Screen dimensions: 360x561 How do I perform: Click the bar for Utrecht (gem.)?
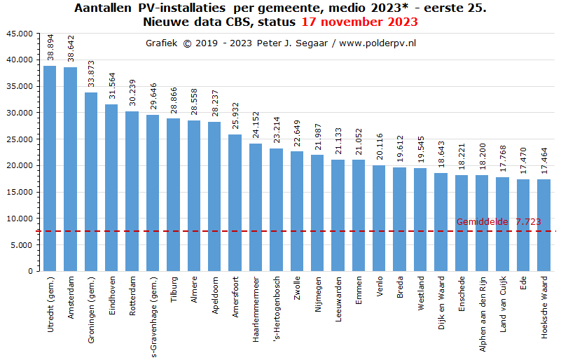tap(50, 168)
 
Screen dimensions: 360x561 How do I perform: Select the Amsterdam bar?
tap(70, 169)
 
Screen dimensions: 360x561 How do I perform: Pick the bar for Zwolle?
tap(297, 211)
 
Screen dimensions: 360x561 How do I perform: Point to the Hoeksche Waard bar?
tap(544, 225)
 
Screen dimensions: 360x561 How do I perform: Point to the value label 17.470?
tap(524, 162)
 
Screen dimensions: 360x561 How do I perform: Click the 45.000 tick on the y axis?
tap(19, 34)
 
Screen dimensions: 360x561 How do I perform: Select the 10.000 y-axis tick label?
tap(19, 219)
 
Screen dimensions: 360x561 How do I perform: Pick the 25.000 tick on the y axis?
tap(19, 139)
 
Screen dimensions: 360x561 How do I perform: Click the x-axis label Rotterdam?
tap(132, 297)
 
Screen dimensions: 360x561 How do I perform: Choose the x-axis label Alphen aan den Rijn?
tap(483, 312)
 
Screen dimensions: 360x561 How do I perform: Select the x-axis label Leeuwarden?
tap(338, 300)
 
